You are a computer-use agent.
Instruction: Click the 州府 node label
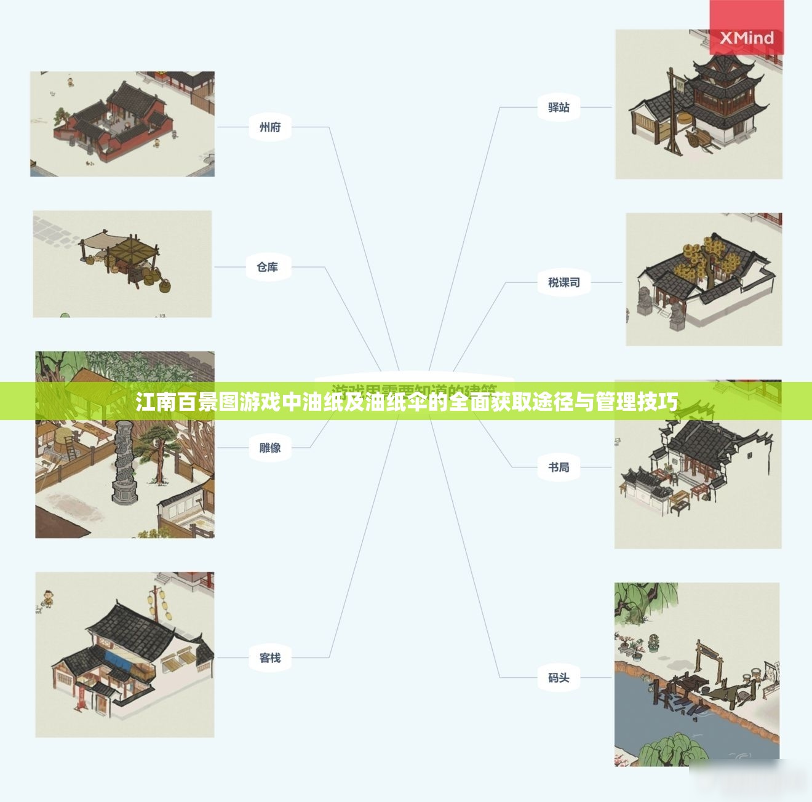click(270, 127)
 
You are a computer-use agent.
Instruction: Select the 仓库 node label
click(268, 267)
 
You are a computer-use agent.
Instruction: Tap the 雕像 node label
click(270, 448)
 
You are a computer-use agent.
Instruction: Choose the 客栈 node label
click(270, 658)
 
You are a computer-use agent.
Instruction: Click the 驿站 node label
click(559, 107)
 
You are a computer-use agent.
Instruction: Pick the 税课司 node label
click(563, 282)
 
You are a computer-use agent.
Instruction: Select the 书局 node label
click(559, 467)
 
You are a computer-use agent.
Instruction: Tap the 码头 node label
click(559, 678)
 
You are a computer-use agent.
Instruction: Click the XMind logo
click(747, 38)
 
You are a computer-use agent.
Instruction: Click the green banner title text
click(406, 402)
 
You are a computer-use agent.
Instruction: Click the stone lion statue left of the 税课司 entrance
click(645, 301)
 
